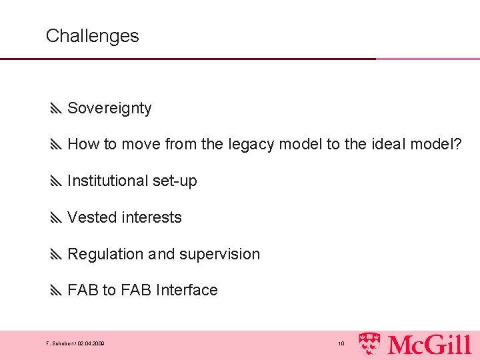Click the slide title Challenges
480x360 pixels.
(92, 36)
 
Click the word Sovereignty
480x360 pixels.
(109, 108)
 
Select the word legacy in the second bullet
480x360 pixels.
(251, 144)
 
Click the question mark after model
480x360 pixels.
(457, 144)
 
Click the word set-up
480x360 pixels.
(177, 181)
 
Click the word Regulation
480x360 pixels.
(105, 254)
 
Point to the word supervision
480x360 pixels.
(219, 255)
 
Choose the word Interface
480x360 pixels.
(186, 290)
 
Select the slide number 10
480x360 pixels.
(341, 344)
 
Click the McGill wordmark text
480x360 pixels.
(429, 344)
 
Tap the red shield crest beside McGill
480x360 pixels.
(371, 343)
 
